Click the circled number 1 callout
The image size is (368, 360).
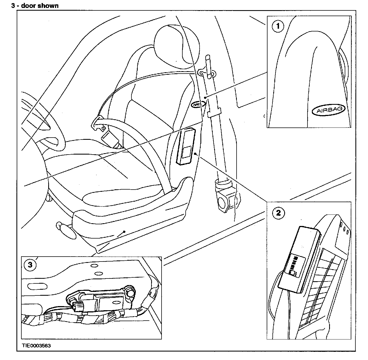(278, 27)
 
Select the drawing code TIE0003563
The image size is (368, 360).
(36, 346)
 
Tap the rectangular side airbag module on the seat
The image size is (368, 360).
(186, 146)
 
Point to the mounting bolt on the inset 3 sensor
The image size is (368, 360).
(130, 291)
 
